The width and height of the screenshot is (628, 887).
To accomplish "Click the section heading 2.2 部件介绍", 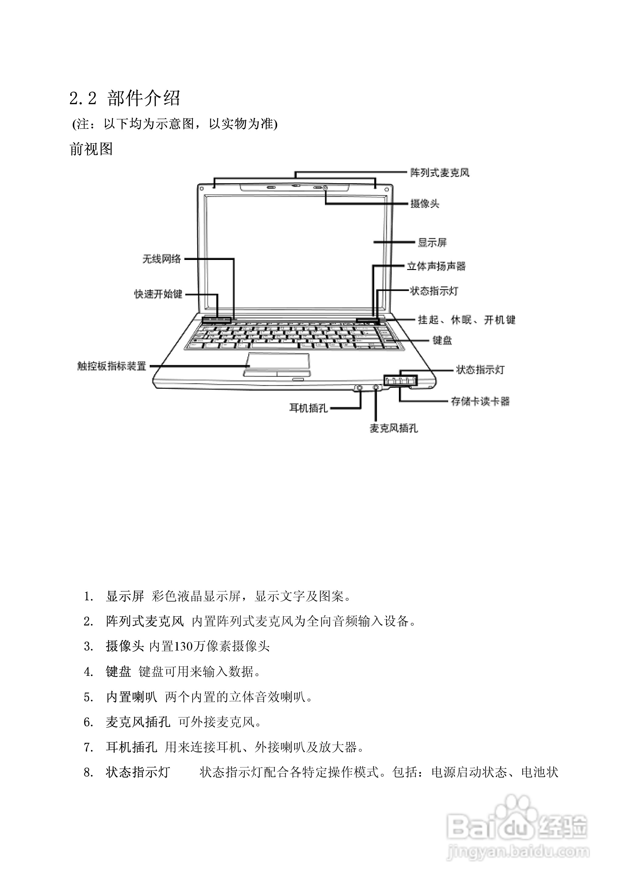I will [124, 98].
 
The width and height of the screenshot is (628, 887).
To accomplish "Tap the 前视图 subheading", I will [91, 149].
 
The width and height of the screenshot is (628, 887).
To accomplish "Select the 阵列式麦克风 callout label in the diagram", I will [440, 173].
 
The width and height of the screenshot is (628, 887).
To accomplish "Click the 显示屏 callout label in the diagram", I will [432, 243].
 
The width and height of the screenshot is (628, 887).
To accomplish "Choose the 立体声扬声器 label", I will [436, 266].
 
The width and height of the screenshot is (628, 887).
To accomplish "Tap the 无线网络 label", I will [162, 259].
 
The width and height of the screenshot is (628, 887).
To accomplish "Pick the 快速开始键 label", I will [158, 294].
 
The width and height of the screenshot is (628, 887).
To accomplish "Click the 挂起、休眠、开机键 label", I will [466, 320].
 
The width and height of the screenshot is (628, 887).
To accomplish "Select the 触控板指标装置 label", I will [112, 366].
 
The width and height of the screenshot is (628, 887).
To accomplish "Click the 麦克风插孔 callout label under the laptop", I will [394, 428].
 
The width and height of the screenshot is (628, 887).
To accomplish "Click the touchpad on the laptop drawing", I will [278, 360].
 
